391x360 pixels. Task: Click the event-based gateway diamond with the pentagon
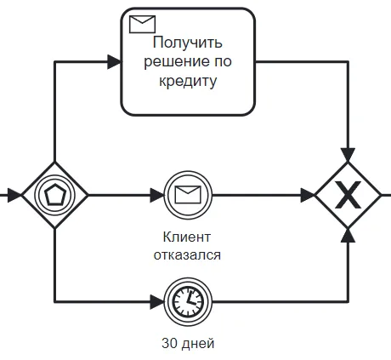pos(54,196)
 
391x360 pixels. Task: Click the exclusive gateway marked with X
pos(347,196)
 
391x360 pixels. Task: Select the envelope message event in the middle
pos(186,196)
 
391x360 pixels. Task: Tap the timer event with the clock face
pos(186,300)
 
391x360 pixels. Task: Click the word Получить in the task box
pos(188,43)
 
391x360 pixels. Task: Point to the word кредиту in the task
pos(188,82)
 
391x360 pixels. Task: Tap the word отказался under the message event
pos(187,254)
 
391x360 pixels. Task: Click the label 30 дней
pos(187,344)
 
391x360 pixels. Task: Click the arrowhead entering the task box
pos(114,61)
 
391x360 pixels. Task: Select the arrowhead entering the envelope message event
pos(158,196)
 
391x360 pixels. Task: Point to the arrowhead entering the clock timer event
pos(158,300)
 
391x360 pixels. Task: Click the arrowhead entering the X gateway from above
pos(347,154)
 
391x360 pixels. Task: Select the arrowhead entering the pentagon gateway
pos(14,196)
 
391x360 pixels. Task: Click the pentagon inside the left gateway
pos(54,196)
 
